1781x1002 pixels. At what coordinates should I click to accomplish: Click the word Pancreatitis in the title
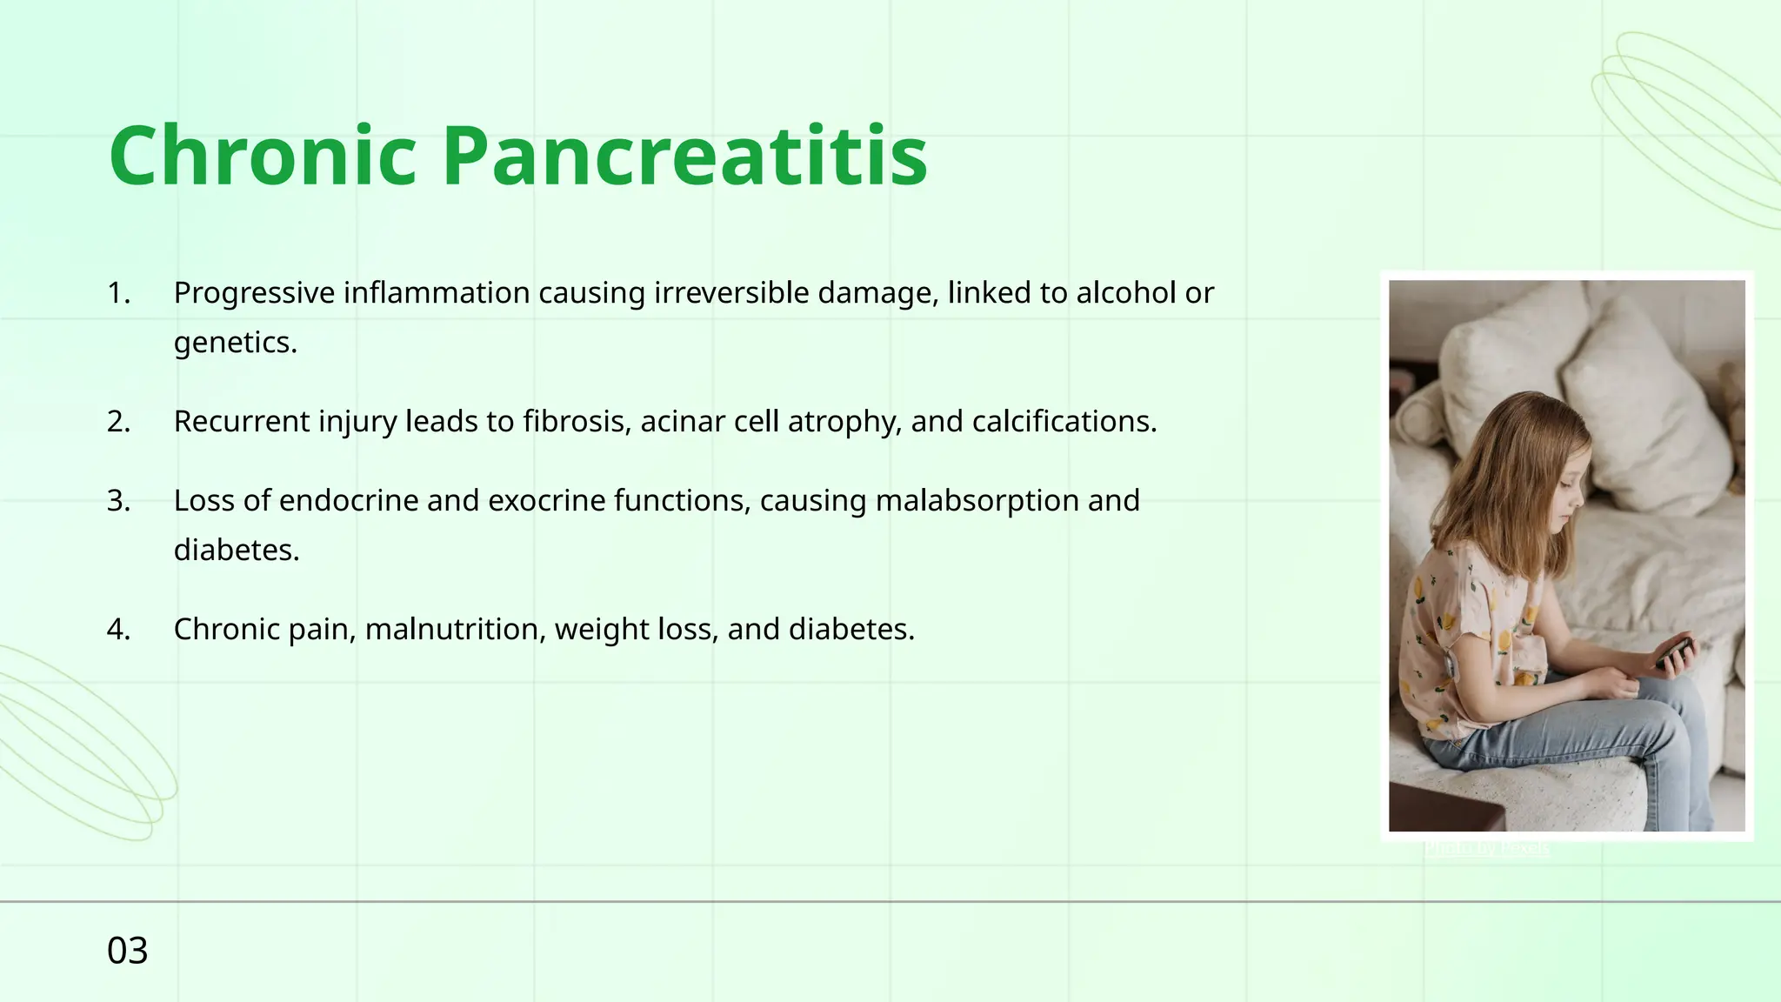coord(684,156)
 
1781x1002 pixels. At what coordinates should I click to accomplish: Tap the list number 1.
coord(118,293)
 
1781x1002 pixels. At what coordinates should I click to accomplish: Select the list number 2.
coord(118,422)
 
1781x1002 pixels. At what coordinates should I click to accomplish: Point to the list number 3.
coord(118,501)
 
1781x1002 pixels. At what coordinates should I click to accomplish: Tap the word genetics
coord(235,343)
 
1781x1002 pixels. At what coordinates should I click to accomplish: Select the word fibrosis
coord(577,422)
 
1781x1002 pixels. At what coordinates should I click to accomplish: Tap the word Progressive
coord(254,293)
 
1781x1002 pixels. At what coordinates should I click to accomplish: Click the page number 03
coord(127,951)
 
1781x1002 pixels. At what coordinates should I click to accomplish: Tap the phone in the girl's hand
coord(1674,651)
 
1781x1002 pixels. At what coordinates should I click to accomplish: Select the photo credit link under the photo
coord(1486,846)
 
